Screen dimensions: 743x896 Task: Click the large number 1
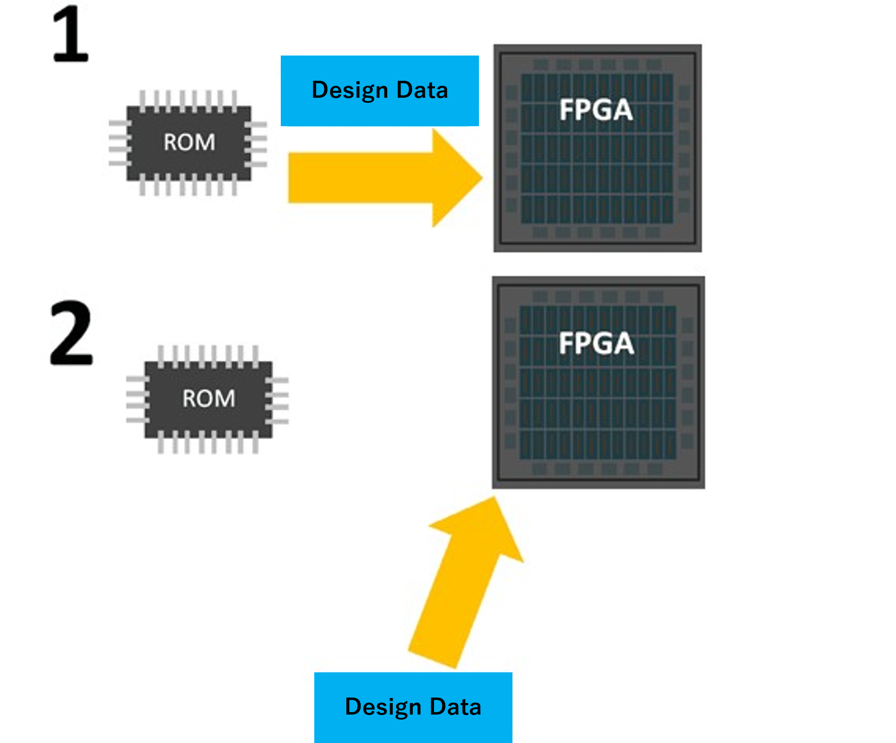[71, 34]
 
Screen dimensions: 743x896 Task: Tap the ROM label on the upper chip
[189, 142]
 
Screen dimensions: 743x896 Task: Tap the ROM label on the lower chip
[209, 398]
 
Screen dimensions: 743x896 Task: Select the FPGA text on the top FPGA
[596, 110]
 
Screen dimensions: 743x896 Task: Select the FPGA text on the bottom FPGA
[596, 343]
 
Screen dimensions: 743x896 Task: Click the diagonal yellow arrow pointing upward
[463, 587]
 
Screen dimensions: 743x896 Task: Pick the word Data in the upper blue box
[422, 90]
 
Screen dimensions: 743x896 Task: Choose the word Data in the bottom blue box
[456, 707]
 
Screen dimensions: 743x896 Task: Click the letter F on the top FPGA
[567, 111]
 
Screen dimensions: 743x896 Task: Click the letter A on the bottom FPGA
[623, 344]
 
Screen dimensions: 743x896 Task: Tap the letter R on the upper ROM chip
[171, 142]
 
